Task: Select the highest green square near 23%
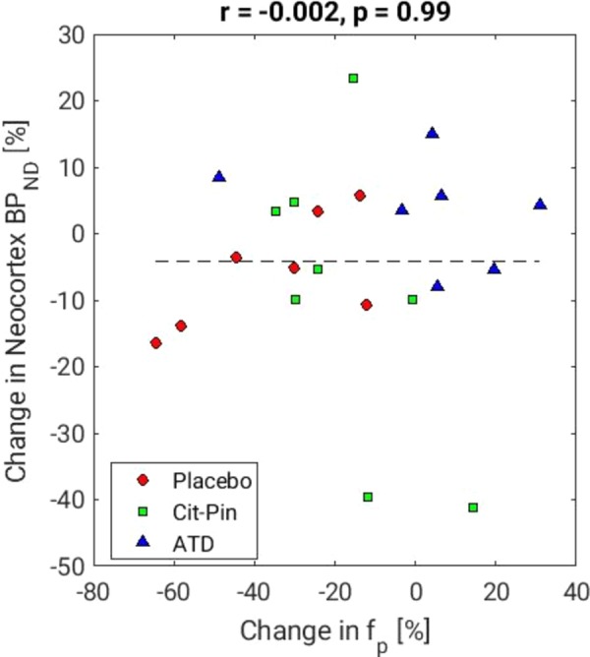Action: [x=353, y=78]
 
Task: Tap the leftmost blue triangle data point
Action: [x=219, y=177]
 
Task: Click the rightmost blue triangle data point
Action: [x=540, y=205]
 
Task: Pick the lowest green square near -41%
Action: [x=473, y=508]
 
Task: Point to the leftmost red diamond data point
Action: [x=155, y=342]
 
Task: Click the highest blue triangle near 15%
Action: [x=432, y=133]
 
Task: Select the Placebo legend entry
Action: [x=212, y=480]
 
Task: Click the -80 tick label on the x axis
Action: [x=93, y=593]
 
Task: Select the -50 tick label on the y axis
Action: [x=66, y=567]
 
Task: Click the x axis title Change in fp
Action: [x=332, y=630]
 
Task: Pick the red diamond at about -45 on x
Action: [x=236, y=257]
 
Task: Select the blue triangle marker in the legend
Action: [x=144, y=542]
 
